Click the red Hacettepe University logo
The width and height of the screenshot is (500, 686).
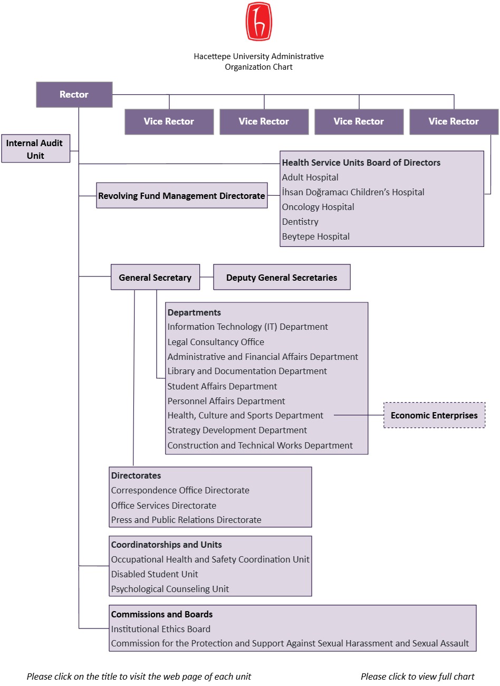259,21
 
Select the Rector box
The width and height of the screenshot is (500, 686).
74,94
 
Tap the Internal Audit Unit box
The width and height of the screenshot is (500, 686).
35,148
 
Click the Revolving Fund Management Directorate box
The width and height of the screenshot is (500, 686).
181,195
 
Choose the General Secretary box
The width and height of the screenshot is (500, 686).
155,277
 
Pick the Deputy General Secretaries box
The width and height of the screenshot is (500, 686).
282,277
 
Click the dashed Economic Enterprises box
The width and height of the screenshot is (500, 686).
434,415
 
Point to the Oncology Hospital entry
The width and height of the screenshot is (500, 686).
318,207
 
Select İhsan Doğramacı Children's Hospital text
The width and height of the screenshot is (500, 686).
353,192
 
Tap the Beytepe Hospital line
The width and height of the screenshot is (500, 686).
316,236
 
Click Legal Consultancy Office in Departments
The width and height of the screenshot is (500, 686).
216,342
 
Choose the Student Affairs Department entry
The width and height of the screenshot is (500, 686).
222,386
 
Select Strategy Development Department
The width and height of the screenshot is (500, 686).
237,430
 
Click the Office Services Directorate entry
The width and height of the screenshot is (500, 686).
164,506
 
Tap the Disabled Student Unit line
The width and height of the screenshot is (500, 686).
155,574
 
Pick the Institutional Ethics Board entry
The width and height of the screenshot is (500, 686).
161,628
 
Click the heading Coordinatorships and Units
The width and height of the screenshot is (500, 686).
166,545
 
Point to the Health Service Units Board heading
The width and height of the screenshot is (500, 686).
361,163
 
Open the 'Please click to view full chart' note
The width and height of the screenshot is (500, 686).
417,676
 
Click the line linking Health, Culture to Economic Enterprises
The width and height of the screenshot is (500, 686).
359,415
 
